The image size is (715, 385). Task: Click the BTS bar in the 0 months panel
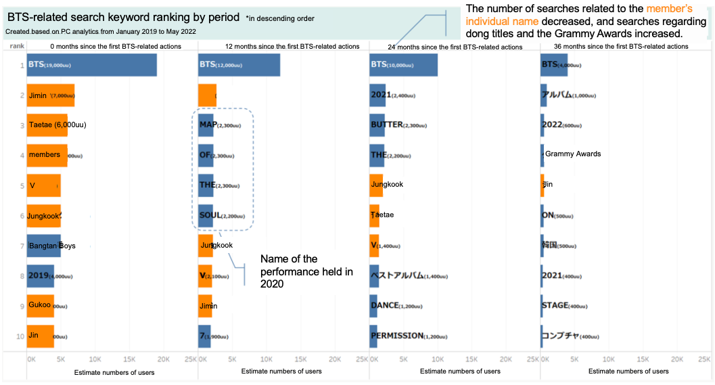click(91, 65)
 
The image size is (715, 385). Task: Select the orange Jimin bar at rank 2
click(51, 95)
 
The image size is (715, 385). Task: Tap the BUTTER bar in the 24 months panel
click(377, 125)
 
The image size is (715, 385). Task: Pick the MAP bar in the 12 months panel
click(206, 125)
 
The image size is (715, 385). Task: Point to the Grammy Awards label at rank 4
click(572, 154)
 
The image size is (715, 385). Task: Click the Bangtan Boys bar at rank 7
click(44, 246)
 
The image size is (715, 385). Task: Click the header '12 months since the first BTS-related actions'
click(292, 47)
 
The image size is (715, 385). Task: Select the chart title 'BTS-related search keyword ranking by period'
click(123, 17)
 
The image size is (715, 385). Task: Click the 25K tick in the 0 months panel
click(191, 359)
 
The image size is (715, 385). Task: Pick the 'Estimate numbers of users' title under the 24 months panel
click(460, 371)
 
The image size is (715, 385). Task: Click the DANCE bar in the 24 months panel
click(374, 306)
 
